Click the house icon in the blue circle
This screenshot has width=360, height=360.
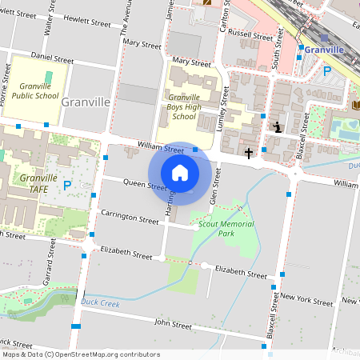tap(180, 173)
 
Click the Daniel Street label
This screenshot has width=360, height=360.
tap(52, 58)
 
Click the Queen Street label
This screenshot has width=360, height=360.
tap(145, 185)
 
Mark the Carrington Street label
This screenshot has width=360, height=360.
tap(130, 217)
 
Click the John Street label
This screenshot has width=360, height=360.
tap(173, 324)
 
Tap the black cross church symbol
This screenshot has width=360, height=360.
tap(249, 152)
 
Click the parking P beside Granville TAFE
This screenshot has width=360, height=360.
tap(67, 185)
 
